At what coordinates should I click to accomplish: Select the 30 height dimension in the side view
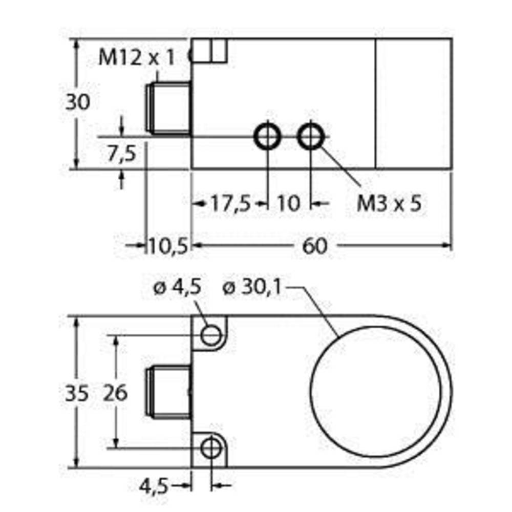pos(77,102)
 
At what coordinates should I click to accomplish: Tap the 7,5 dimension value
pos(121,153)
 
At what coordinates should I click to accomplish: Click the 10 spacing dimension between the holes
pos(289,204)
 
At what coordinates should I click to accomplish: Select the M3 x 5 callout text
pos(389,204)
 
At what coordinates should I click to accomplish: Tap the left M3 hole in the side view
pos(267,136)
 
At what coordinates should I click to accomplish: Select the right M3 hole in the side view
pos(311,136)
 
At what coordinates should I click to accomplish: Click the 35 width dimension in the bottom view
pos(77,393)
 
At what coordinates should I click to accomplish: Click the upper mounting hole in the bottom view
pos(210,335)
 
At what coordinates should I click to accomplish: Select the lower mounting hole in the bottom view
pos(210,449)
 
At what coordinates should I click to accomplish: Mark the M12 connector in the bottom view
pos(168,393)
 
